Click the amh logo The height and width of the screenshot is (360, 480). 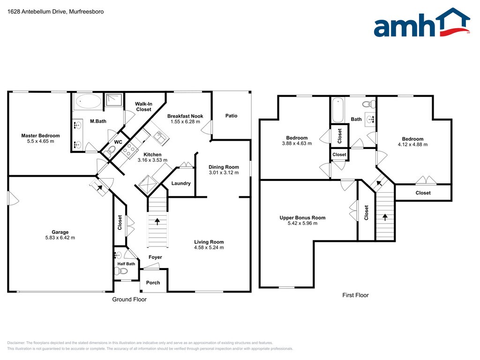[422, 22]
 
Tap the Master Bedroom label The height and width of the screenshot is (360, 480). [40, 135]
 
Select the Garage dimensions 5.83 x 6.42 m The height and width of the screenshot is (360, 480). [60, 238]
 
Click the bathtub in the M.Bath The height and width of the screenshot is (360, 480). [89, 101]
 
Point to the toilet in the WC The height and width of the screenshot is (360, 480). [110, 150]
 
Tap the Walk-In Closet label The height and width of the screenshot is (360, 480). [143, 106]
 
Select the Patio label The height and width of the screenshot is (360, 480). [232, 116]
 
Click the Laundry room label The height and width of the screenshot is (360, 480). [181, 183]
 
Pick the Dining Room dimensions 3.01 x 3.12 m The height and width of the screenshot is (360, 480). [224, 172]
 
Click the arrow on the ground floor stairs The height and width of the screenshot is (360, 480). [157, 221]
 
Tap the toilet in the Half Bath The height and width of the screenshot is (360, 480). [121, 271]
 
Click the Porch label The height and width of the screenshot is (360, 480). [153, 283]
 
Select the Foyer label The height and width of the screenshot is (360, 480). [155, 257]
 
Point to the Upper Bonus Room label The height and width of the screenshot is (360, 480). [302, 217]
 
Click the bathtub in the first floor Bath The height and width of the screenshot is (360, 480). [338, 110]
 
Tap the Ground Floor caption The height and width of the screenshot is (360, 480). [129, 300]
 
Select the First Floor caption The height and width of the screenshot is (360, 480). [355, 295]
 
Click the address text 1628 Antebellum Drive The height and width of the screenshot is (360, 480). [36, 12]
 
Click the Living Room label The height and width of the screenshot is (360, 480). [209, 242]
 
